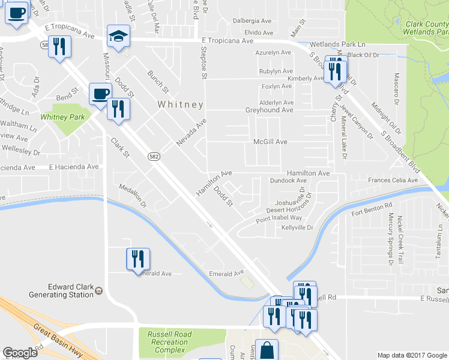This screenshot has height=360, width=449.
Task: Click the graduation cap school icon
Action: click(x=118, y=37)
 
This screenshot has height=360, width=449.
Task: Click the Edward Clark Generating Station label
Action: click(x=61, y=290)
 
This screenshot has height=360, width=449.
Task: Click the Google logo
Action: click(x=20, y=353)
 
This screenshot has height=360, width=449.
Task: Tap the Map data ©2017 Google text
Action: click(x=412, y=355)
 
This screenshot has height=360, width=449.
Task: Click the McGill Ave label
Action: click(x=270, y=142)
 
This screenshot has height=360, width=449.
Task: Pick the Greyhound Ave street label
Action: click(x=269, y=110)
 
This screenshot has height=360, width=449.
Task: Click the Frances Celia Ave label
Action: click(x=393, y=181)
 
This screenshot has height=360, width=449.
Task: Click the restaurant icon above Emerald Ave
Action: click(x=138, y=259)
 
